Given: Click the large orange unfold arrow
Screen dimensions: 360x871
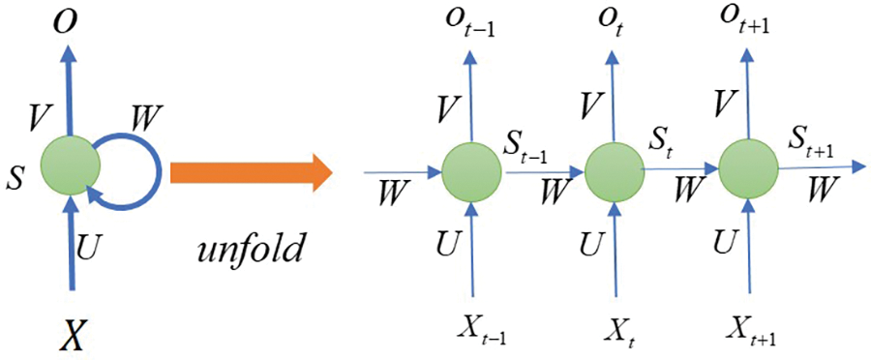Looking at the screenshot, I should pos(250,174).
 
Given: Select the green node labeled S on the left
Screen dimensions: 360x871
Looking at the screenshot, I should pos(70,166).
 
